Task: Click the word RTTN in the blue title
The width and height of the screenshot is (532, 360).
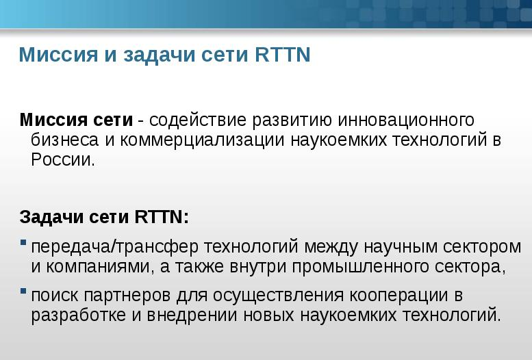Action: click(x=283, y=54)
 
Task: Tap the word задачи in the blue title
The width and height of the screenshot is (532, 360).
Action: click(x=160, y=55)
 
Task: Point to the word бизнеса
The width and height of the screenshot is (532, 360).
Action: click(x=65, y=140)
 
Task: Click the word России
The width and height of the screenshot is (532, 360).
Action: click(x=63, y=159)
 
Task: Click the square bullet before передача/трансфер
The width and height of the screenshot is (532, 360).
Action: click(x=23, y=242)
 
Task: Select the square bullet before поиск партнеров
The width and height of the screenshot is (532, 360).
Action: click(x=23, y=291)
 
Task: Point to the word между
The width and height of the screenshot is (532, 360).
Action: click(x=331, y=247)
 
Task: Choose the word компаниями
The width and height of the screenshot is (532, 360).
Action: click(x=98, y=266)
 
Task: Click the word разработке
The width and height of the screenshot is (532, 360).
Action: click(x=78, y=316)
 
